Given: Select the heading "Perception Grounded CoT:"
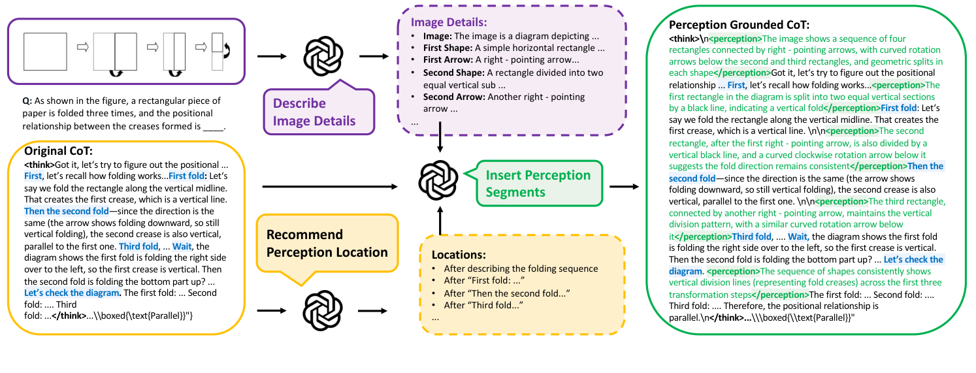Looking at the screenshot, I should tap(739, 25).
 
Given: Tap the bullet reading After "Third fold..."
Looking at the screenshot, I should tap(483, 306).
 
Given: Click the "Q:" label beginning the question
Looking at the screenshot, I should tap(27, 101).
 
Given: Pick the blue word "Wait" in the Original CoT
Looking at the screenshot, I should tap(182, 246).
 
